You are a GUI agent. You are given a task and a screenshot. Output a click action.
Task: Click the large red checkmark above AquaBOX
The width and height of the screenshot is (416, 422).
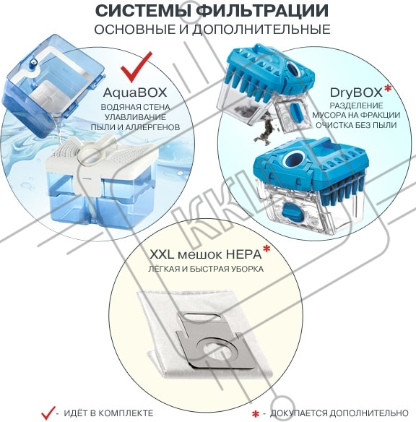coord(136,66)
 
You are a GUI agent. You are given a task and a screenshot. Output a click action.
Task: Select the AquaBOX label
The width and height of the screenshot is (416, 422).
coord(135,92)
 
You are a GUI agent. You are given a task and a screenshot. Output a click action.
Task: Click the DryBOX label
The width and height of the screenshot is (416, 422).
coord(356,92)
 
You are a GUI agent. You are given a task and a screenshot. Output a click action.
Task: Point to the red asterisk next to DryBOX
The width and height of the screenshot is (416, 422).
coord(388,89)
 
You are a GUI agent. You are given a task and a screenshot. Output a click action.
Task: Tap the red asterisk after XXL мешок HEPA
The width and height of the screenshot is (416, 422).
coord(266,249)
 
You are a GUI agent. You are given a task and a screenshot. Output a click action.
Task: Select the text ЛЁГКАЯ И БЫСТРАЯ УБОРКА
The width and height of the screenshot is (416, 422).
coord(206,269)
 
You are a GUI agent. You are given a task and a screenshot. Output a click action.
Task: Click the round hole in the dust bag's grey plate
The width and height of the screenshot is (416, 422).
coord(215,350)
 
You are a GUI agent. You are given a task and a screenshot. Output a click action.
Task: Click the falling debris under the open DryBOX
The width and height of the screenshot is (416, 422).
coord(264,132)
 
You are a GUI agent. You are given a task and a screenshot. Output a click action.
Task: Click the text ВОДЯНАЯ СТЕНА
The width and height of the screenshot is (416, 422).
coord(135,107)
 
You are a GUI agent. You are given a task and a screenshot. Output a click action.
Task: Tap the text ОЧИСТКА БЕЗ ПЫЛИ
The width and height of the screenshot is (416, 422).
coord(356,125)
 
